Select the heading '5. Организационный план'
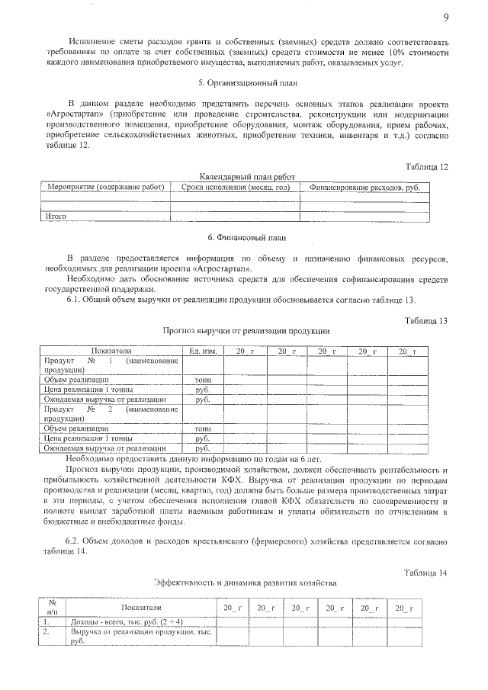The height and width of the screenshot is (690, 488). click(x=242, y=82)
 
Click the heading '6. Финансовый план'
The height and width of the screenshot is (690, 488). click(x=242, y=238)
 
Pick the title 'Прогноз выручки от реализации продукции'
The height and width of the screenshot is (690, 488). click(x=246, y=332)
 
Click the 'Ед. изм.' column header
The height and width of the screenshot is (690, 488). click(x=203, y=351)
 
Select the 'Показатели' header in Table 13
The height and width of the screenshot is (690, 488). click(x=111, y=351)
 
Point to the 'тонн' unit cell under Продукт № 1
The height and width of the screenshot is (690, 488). click(x=203, y=379)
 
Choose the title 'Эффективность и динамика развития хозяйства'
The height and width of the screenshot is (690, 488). click(x=245, y=583)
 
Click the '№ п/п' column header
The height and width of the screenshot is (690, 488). click(x=52, y=607)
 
